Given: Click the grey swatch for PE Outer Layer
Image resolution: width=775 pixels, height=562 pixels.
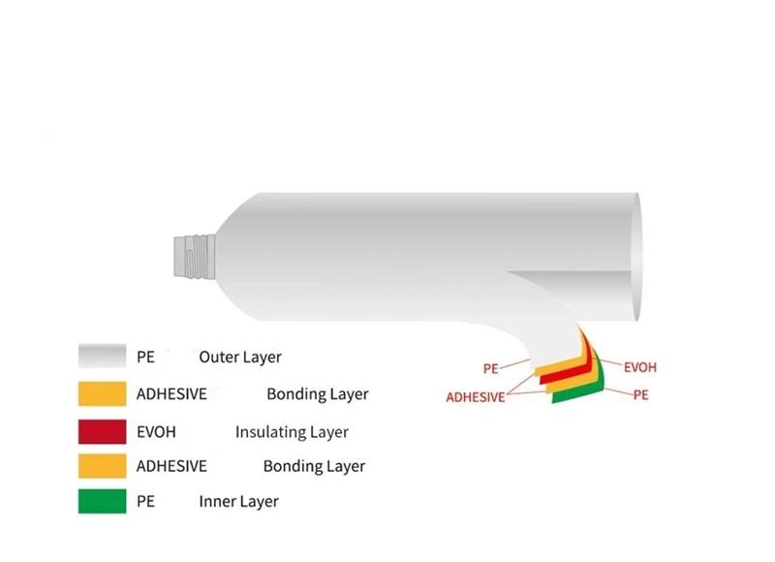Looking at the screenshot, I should coord(103,357).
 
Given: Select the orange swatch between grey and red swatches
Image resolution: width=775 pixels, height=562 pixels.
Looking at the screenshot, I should coord(103,394).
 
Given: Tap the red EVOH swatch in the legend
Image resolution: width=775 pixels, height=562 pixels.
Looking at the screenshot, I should coord(103,431).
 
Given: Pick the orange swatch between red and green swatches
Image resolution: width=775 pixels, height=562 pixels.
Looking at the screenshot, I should coord(103,466).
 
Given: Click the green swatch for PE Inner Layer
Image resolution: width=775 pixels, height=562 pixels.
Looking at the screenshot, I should coord(103,502).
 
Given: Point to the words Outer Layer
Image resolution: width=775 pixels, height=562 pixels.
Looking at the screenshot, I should coord(240,357).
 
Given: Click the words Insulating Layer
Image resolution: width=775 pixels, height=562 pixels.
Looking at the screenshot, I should coord(292,432).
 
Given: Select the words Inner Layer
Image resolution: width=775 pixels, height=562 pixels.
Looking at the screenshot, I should coord(238,502).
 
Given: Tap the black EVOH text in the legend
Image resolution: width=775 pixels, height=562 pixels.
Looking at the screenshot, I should coord(156,432).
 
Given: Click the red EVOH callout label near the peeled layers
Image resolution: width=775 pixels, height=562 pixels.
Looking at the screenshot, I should coord(639,368).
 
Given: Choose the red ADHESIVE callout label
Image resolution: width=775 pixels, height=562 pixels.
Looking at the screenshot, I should coord(475,397).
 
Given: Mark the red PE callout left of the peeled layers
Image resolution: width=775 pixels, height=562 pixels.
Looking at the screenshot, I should coord(490,369).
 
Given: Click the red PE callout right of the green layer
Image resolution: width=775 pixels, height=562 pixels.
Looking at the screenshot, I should coord(640,395).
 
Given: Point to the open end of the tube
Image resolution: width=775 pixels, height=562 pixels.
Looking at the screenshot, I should coord(636,258).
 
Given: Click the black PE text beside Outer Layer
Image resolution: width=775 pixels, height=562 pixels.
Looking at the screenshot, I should coord(145,357).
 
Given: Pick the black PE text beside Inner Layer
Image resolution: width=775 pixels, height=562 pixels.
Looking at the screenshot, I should coord(145,502).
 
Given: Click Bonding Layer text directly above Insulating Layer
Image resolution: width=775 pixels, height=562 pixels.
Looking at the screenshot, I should coord(318,394).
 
